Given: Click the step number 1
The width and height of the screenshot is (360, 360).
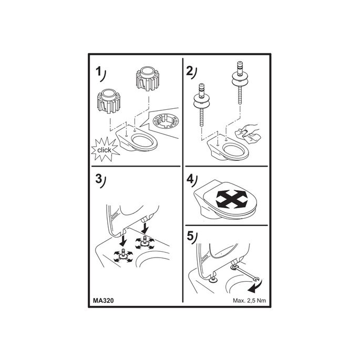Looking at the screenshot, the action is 98,71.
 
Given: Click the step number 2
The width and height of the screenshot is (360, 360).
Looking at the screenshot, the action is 189,71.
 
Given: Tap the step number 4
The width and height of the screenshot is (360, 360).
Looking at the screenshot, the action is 190,179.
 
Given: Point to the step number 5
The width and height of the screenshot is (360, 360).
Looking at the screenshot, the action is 190,236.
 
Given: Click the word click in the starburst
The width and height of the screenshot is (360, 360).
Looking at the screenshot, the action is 104,150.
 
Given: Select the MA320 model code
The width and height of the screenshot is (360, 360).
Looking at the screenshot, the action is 104,301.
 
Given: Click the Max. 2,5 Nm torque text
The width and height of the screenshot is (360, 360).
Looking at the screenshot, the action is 250,301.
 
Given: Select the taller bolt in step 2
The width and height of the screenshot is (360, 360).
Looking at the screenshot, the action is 240,83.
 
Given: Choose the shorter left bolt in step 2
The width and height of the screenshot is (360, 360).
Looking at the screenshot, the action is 202,105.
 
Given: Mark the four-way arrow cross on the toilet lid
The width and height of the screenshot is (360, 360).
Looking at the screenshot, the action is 232,199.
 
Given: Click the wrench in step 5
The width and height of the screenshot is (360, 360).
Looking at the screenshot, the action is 246,273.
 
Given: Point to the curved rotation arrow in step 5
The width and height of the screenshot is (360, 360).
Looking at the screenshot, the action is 256,286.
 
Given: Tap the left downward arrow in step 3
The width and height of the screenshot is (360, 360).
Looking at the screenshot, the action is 124,240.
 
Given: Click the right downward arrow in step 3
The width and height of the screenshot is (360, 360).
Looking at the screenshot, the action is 145,228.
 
